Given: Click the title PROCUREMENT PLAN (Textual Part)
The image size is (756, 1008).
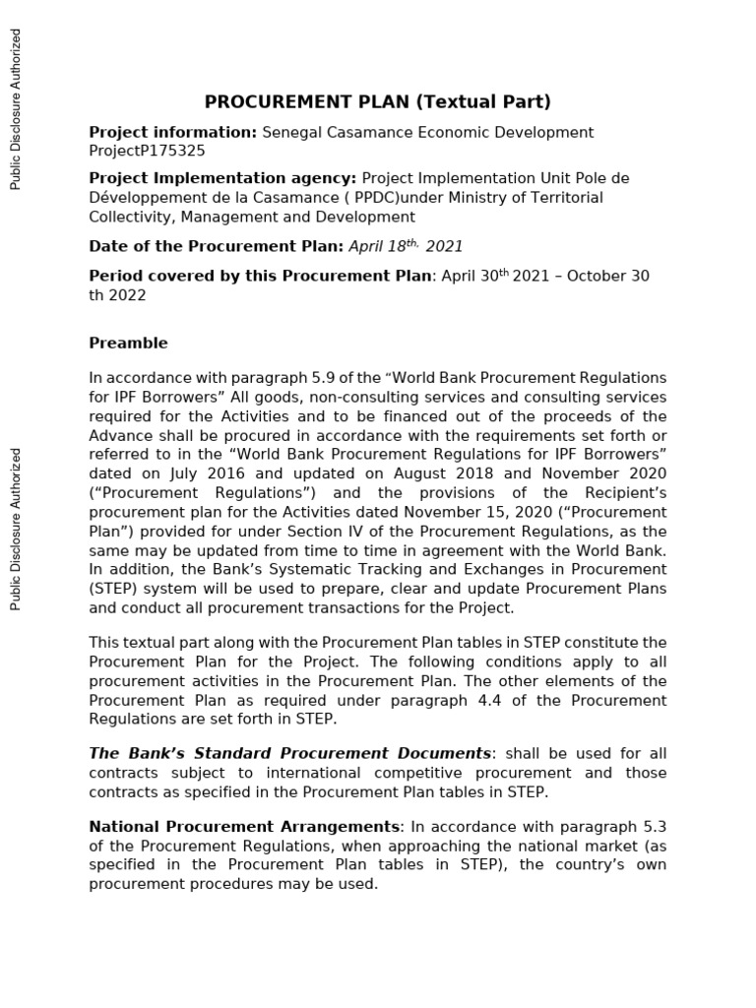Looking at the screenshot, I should [377, 101].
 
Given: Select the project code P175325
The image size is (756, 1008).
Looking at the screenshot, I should [175, 151].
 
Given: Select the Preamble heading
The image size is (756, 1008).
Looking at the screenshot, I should [128, 343].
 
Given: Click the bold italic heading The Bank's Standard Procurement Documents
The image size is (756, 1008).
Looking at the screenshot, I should [289, 753].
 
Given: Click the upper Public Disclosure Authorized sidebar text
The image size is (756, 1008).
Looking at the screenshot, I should [15, 108].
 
